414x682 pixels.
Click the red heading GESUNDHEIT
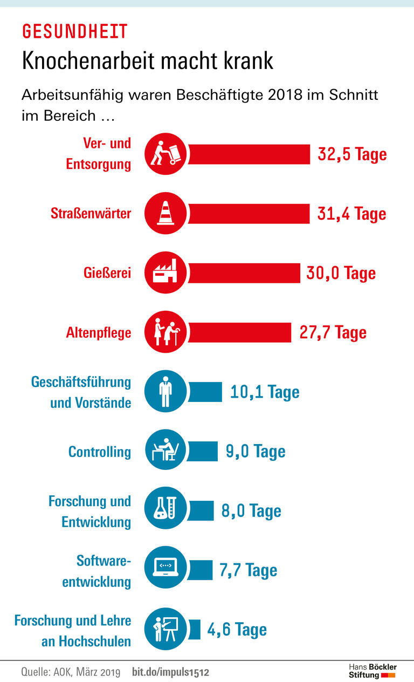coord(74,31)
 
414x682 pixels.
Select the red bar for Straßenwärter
coord(249,214)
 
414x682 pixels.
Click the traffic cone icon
coord(166,214)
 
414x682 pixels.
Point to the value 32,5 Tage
coord(352,154)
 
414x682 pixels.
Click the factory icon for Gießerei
coord(166,273)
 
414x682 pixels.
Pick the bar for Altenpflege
coord(239,332)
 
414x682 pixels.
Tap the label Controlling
coord(100,452)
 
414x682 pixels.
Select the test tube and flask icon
coord(166,511)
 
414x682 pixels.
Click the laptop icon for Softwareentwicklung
coord(166,570)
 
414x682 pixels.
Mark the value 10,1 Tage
coord(265,392)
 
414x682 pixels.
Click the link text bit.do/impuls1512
coord(170,672)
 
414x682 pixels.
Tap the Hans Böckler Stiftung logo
coord(372,671)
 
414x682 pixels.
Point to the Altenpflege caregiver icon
coord(166,332)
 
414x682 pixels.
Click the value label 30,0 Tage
coord(341,273)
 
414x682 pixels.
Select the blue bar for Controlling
coord(203,452)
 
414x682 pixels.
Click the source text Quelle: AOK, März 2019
coord(71,672)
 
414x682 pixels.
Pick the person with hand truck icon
coord(166,154)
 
